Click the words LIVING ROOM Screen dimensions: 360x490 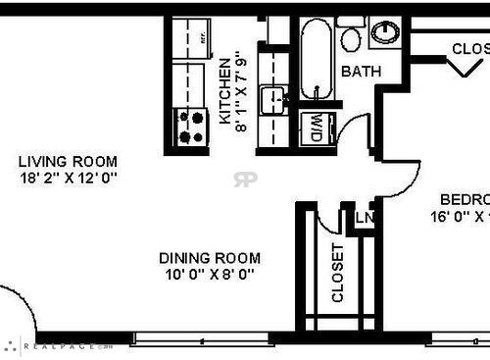(x=68, y=162)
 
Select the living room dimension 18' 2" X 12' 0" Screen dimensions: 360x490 (x=68, y=179)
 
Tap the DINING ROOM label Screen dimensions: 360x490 (x=210, y=258)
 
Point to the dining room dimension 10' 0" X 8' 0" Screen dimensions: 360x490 (x=210, y=275)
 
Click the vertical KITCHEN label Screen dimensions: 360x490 (x=224, y=92)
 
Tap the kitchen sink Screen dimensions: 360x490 (x=272, y=99)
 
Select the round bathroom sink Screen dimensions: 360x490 (x=385, y=32)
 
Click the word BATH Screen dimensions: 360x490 (x=360, y=72)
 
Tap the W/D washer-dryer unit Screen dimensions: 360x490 (x=317, y=129)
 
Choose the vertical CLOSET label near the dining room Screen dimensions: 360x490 (x=338, y=272)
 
